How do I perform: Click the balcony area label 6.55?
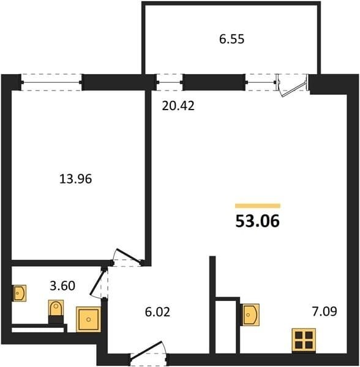click(x=231, y=39)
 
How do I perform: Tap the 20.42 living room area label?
click(x=178, y=106)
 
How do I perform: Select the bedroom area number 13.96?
click(x=75, y=179)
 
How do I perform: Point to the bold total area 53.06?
click(x=257, y=221)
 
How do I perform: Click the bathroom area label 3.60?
click(x=62, y=286)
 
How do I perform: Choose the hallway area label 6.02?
click(x=157, y=312)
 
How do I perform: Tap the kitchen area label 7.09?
click(x=324, y=311)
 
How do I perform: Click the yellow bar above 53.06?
click(x=258, y=206)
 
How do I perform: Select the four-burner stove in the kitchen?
click(x=304, y=341)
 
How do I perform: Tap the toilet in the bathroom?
click(x=56, y=311)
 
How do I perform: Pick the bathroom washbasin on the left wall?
click(x=19, y=293)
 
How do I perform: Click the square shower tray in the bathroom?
click(x=89, y=319)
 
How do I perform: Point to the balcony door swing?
click(x=293, y=86)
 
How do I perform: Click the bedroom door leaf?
click(x=129, y=256)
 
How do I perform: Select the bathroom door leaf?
click(x=97, y=281)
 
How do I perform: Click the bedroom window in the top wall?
click(x=51, y=82)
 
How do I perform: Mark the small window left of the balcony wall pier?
click(x=169, y=82)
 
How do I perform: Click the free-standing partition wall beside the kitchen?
click(x=212, y=305)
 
